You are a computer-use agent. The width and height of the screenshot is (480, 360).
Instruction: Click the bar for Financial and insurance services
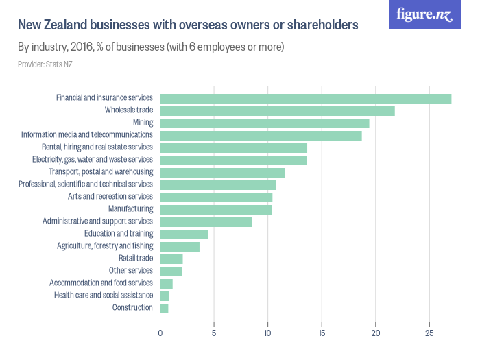pos(305,98)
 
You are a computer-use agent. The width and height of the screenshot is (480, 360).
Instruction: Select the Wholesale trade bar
pos(277,110)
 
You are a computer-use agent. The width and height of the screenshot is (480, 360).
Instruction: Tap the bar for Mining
pos(264,123)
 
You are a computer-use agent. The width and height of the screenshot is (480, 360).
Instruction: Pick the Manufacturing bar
pos(215,209)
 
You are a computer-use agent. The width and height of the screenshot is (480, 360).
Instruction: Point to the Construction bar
pos(164,308)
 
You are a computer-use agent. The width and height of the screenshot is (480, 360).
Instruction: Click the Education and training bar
pos(184,234)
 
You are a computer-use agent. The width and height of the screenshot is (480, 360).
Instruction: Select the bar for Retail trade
pos(171,259)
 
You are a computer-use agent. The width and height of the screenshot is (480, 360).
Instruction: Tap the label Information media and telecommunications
pos(87,135)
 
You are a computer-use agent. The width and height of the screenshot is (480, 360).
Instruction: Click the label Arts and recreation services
pos(110,197)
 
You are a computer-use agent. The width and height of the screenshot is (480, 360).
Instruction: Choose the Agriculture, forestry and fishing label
pos(105,246)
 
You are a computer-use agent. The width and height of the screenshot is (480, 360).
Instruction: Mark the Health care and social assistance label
pos(104,296)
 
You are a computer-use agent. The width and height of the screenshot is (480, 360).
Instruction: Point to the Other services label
pos(131,271)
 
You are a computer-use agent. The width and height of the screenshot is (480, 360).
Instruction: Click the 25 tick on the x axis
pos(429,333)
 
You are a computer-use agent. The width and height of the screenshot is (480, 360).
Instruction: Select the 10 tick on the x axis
pos(267,333)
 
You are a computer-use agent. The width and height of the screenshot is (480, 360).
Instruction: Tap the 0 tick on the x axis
pos(160,333)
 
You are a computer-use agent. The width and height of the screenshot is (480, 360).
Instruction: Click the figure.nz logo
pos(424,15)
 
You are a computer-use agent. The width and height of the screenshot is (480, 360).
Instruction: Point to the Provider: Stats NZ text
pos(45,64)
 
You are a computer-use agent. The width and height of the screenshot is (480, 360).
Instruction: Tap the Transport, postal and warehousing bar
pos(222,172)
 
